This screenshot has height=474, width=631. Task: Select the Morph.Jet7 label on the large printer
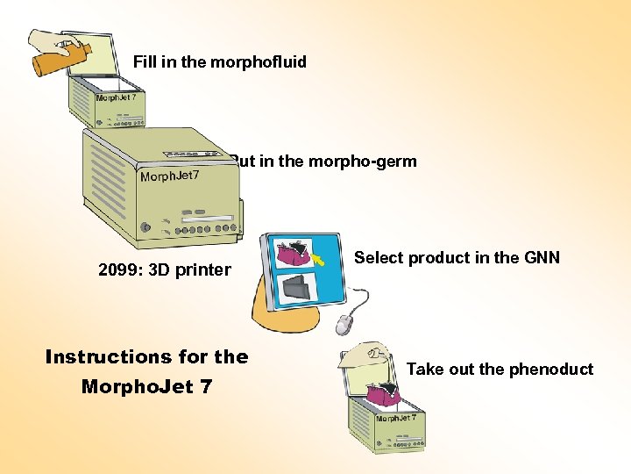pos(170,177)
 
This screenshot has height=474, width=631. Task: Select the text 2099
pos(119,269)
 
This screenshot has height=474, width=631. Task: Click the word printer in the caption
pos(204,269)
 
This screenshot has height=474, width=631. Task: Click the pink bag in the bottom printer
pos(382,392)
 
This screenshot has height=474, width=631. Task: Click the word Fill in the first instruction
pos(145,62)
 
